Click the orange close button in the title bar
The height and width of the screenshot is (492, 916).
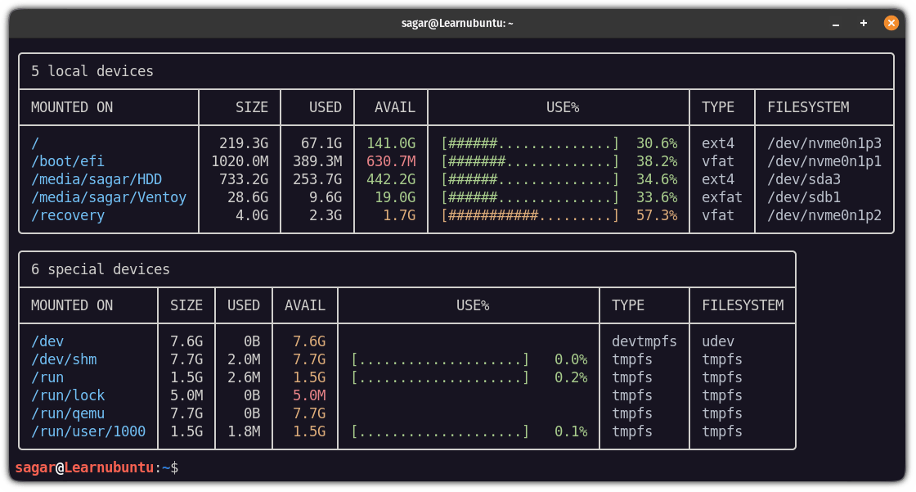[x=891, y=23]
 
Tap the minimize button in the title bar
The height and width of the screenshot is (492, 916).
[x=835, y=24]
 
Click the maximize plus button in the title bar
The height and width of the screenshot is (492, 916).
[x=864, y=23]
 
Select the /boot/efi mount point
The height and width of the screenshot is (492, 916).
[x=68, y=161]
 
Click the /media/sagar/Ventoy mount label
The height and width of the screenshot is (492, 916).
[x=109, y=197]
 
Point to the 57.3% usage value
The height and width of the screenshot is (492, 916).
[x=657, y=215]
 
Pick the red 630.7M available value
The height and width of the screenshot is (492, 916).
[x=391, y=161]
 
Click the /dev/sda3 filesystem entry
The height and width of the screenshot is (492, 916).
[x=804, y=179]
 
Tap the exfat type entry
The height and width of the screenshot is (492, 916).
[x=722, y=197]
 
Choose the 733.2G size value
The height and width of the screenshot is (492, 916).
[x=244, y=179]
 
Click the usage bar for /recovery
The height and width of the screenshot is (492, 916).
[x=530, y=215]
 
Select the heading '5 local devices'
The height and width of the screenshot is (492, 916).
[x=92, y=71]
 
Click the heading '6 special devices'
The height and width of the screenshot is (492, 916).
[x=101, y=269]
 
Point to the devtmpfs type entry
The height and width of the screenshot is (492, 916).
[x=644, y=341]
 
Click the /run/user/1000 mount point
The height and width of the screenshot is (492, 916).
[x=88, y=431]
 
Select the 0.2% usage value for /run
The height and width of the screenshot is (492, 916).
[x=571, y=377]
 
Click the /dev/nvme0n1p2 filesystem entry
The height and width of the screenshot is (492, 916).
[x=824, y=215]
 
